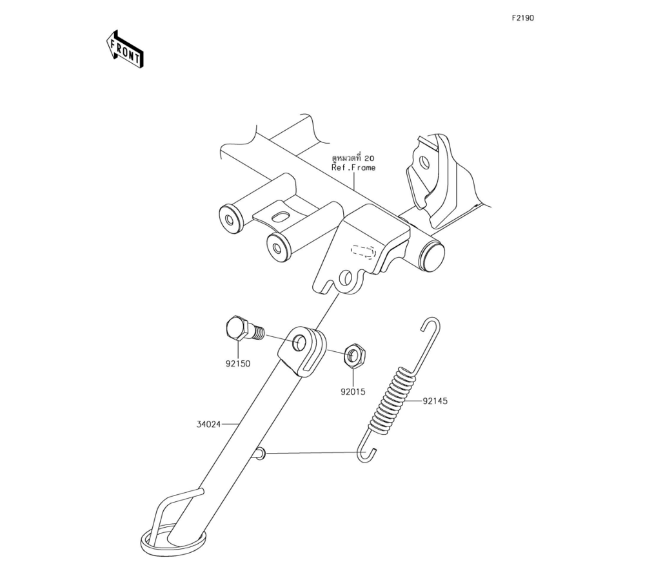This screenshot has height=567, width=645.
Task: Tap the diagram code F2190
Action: click(x=522, y=18)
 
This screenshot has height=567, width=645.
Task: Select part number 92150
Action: click(x=237, y=363)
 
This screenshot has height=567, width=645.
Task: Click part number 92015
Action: click(x=353, y=391)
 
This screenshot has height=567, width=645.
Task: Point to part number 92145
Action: click(x=435, y=401)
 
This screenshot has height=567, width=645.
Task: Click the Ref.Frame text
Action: click(x=353, y=168)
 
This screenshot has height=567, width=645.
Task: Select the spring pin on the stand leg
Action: click(x=259, y=454)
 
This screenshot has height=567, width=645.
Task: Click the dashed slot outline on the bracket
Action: click(x=363, y=250)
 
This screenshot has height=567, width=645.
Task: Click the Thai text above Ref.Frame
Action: click(x=353, y=158)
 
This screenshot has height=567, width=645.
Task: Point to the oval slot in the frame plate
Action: click(x=282, y=216)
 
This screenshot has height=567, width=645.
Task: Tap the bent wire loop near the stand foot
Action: click(x=169, y=507)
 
